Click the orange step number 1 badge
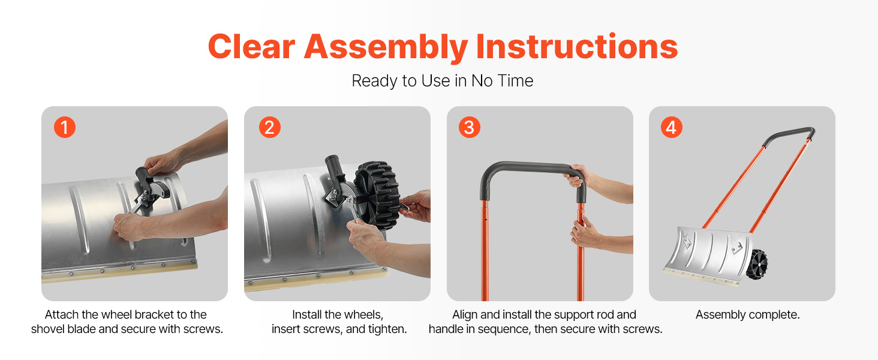tap(65, 127)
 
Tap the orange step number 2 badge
tap(270, 127)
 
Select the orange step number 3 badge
tap(469, 127)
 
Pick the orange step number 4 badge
tap(672, 127)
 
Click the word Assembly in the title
tap(386, 47)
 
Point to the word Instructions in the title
tap(577, 46)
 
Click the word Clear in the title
tap(251, 46)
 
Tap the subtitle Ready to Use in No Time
tap(442, 81)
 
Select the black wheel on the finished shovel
tap(757, 264)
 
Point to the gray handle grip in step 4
tap(789, 136)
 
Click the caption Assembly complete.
tap(747, 314)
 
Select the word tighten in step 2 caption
tap(386, 329)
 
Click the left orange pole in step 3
tap(485, 250)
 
